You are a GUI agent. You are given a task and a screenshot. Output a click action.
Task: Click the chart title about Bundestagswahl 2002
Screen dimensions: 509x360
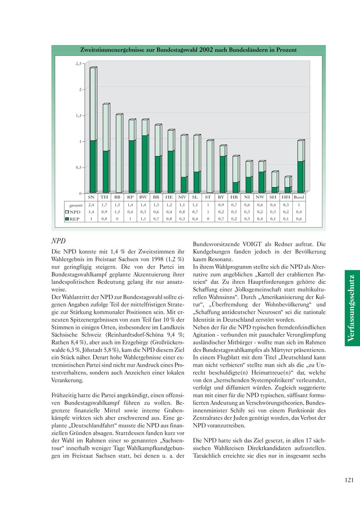point(188,50)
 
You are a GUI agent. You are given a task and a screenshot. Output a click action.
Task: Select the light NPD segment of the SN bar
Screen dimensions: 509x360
point(93,104)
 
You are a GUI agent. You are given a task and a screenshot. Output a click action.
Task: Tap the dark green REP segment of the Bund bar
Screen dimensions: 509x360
point(300,177)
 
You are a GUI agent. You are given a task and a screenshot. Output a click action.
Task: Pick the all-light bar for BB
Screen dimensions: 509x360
point(119,154)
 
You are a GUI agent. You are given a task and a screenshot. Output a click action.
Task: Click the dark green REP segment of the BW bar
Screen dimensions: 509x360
point(145,164)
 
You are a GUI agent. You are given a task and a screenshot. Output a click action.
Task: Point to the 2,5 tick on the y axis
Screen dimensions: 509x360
point(79,64)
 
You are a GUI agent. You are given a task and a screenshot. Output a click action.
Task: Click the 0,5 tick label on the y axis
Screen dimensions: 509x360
point(79,168)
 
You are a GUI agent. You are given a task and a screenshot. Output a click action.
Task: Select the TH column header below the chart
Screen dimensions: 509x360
point(104,197)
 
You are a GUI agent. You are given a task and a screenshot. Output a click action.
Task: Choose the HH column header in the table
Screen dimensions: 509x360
point(286,197)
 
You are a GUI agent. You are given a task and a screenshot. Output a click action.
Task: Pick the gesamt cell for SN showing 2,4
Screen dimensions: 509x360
point(91,204)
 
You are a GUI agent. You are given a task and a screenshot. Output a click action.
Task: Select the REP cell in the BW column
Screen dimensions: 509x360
point(143,219)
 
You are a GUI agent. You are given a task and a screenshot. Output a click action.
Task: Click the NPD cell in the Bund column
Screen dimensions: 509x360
point(299,212)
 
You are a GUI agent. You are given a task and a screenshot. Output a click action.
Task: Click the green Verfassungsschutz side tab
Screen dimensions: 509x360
point(352,307)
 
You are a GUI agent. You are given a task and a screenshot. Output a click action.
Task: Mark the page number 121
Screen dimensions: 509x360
point(349,480)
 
